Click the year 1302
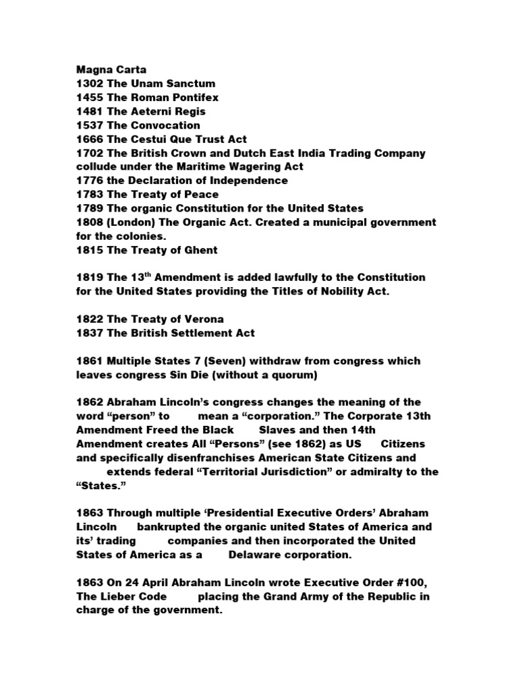click(x=88, y=84)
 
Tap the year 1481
click(x=88, y=111)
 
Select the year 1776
click(x=88, y=181)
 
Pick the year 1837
click(x=88, y=333)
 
